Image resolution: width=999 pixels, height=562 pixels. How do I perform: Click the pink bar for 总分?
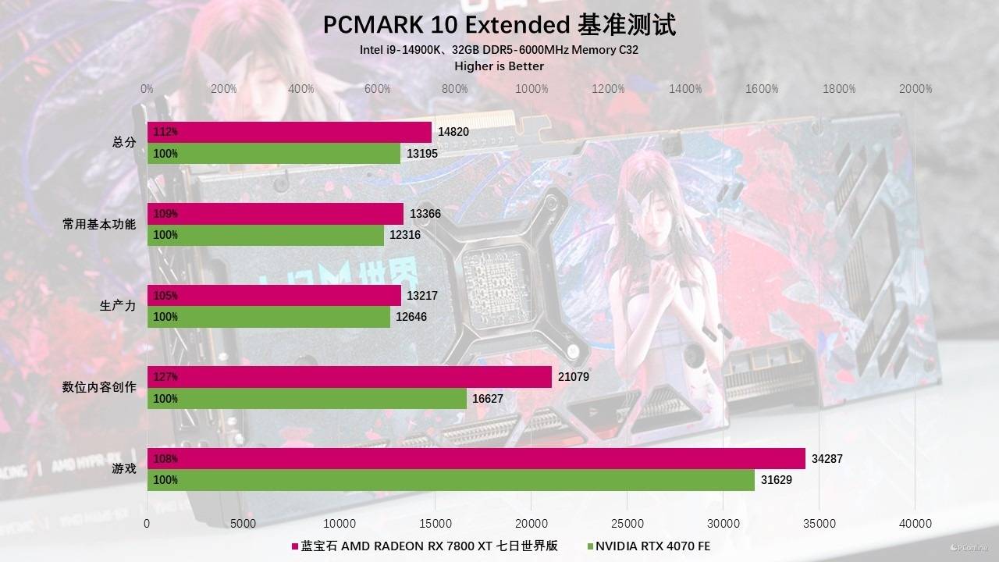click(289, 132)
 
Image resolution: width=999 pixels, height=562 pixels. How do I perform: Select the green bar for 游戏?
click(451, 480)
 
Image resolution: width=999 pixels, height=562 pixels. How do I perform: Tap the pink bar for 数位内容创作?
click(350, 377)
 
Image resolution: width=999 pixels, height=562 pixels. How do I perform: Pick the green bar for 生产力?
click(268, 317)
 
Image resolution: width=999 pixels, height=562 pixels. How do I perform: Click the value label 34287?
click(827, 459)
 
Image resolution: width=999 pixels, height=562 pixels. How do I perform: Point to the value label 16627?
click(488, 399)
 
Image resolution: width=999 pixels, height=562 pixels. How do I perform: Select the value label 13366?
click(425, 214)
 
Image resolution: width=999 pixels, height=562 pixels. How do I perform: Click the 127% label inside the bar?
click(165, 377)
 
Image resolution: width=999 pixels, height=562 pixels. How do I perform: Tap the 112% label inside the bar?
click(165, 132)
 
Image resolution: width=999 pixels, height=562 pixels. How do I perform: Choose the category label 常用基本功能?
click(99, 224)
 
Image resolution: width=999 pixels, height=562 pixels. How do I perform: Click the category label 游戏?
click(124, 469)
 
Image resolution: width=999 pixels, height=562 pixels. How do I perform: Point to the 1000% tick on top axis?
click(531, 89)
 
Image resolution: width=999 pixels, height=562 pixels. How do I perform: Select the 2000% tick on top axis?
click(915, 89)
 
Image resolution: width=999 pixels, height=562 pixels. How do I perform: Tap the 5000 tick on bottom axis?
click(243, 523)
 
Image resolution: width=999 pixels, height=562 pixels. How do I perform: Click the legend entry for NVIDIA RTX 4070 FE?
click(648, 546)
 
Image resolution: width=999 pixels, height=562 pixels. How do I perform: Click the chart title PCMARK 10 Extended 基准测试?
click(499, 25)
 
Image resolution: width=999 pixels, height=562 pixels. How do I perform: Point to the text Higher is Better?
click(499, 66)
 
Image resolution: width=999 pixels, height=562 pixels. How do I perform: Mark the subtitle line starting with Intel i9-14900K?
click(499, 50)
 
